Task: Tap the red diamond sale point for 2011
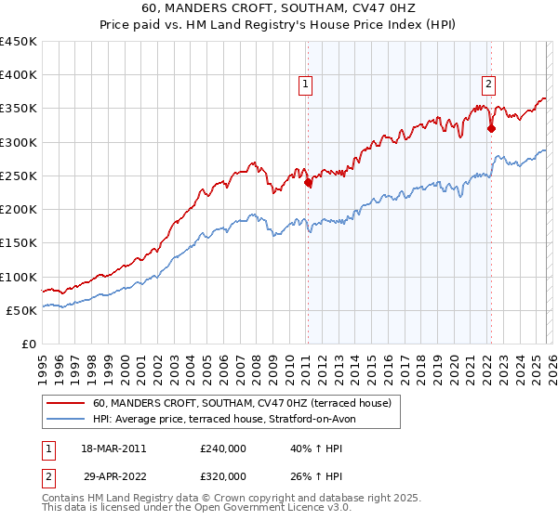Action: [x=308, y=183]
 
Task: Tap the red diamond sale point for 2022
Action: [x=491, y=129]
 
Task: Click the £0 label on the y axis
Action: [x=28, y=344]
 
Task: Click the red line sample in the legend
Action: [x=65, y=404]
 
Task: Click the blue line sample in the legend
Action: [x=65, y=420]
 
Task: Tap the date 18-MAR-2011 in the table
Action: [x=113, y=448]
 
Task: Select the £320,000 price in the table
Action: [x=223, y=475]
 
